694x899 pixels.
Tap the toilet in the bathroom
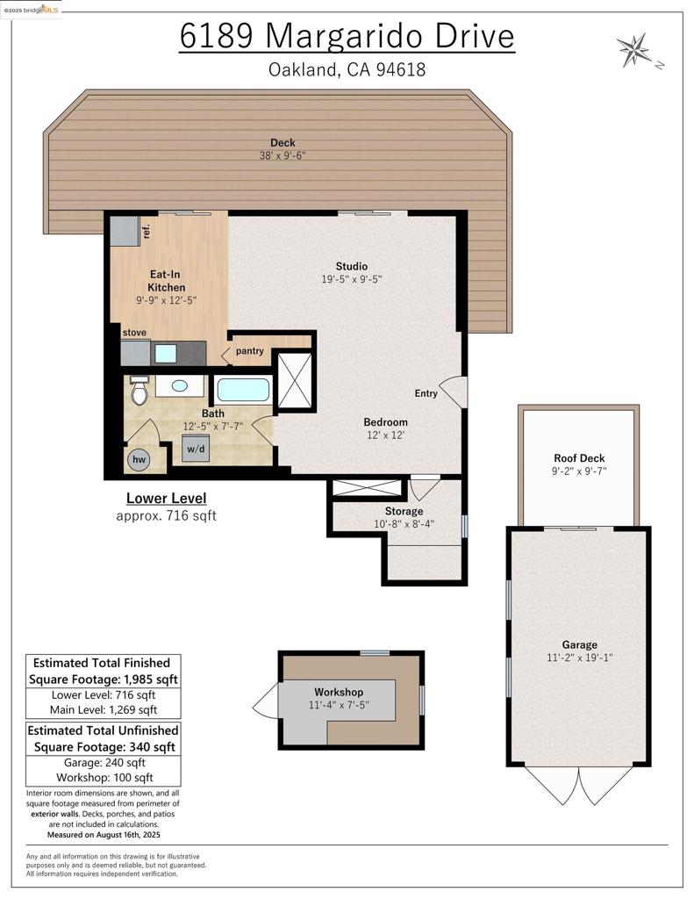click(139, 391)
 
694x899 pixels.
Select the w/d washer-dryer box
click(196, 449)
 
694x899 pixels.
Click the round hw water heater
click(140, 459)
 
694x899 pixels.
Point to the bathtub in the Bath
click(243, 390)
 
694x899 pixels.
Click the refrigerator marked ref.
click(125, 231)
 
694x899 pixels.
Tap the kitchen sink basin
click(166, 354)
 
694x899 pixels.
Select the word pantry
click(250, 351)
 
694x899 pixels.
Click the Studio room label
click(351, 266)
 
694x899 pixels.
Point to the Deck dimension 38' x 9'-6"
click(283, 155)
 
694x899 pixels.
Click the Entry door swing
click(454, 392)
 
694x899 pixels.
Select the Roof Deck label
click(579, 458)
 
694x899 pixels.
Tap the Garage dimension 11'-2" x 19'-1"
click(579, 658)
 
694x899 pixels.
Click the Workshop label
click(338, 692)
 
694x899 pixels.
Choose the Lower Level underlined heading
click(166, 499)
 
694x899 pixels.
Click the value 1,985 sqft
click(151, 680)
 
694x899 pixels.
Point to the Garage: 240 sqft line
click(104, 763)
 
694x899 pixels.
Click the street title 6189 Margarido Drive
click(347, 35)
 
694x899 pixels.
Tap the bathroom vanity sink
click(179, 386)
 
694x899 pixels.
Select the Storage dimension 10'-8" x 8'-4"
click(404, 523)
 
